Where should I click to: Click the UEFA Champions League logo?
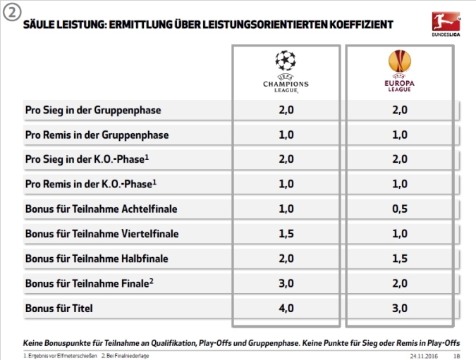(x=286, y=71)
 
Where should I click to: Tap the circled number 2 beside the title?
(x=12, y=13)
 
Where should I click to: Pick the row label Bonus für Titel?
(x=59, y=308)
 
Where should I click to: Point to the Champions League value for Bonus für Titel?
(x=286, y=308)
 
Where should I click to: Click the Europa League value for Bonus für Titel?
(x=400, y=308)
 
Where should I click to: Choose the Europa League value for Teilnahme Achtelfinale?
(x=400, y=209)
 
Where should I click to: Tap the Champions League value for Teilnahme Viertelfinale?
(x=286, y=234)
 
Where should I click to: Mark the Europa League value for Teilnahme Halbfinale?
(x=400, y=259)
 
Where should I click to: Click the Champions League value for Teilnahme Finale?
(x=286, y=283)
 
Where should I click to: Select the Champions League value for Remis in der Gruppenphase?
(x=286, y=135)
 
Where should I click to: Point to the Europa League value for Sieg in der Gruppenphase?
(x=400, y=111)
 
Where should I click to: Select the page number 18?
(x=457, y=355)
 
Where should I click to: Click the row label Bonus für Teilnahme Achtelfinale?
(x=102, y=209)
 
